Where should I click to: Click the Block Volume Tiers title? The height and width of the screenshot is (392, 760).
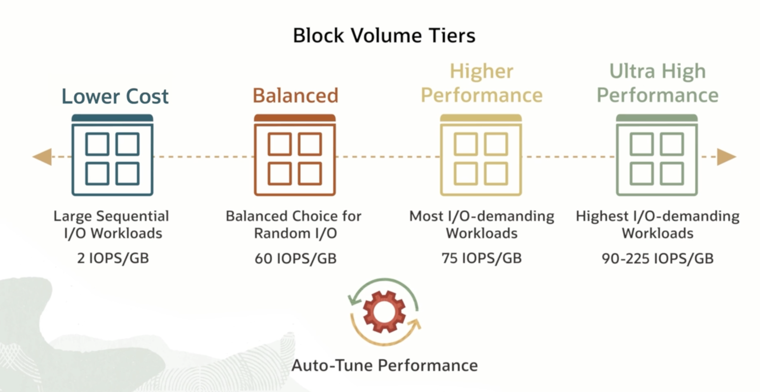point(384,35)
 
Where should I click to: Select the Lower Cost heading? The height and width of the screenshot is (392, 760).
point(115,96)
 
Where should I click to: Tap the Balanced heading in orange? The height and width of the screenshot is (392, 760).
point(295,96)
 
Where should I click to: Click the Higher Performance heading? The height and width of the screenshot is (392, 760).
point(481,83)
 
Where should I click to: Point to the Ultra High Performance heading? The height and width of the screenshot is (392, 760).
point(657,83)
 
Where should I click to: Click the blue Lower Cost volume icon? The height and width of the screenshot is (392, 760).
point(112,155)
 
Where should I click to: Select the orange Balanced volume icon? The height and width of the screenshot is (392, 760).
point(295,155)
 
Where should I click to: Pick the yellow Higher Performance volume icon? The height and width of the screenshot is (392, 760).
point(481,155)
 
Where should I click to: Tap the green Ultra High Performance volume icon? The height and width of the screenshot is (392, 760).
point(657,155)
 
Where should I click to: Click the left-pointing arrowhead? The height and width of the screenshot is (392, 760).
point(43,157)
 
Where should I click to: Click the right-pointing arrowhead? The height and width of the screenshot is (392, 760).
point(726,157)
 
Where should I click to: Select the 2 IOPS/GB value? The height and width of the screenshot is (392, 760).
point(113,258)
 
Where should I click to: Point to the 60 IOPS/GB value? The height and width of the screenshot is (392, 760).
point(295,258)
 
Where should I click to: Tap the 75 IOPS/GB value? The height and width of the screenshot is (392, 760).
point(481,258)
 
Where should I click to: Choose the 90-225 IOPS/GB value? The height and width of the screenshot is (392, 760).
point(657,258)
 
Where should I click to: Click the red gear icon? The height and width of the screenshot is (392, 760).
point(384,312)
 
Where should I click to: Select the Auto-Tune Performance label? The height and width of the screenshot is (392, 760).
point(384,365)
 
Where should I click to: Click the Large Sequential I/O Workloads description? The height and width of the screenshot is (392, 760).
point(112,225)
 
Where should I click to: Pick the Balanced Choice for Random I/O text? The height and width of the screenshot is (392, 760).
point(293,225)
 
